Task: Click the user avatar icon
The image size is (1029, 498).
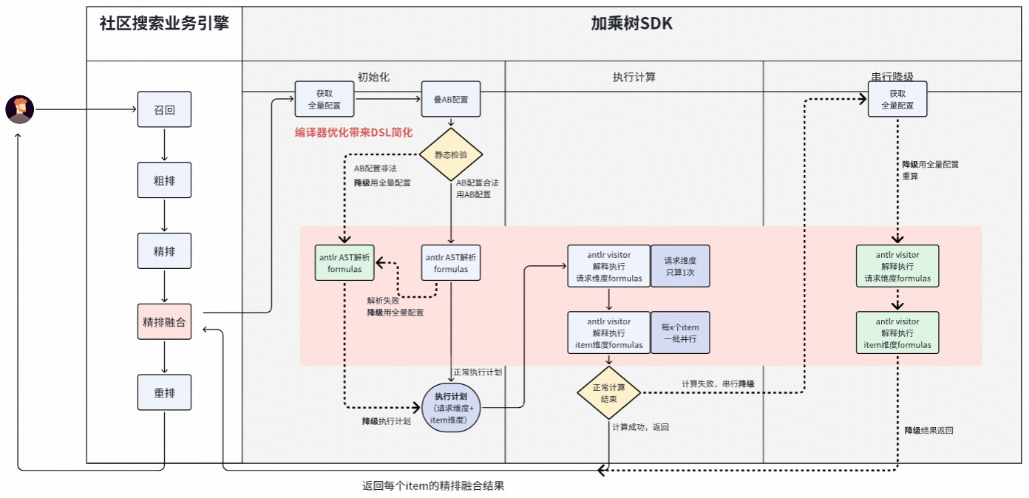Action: tap(19, 109)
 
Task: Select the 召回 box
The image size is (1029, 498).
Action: tap(164, 109)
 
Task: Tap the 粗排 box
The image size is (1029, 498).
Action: tap(164, 180)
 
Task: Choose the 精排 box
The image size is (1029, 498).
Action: tap(164, 250)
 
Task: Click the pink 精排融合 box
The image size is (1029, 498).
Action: tap(164, 321)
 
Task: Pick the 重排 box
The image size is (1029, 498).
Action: tap(164, 392)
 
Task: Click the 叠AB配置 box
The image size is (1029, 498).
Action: tap(451, 99)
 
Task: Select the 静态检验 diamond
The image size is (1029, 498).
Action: tap(451, 154)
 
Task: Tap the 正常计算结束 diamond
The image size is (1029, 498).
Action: tap(609, 393)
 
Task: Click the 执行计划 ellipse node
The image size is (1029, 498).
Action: tap(451, 409)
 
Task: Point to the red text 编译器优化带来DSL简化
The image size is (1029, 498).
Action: tap(353, 132)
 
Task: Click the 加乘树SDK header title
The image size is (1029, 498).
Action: tap(631, 24)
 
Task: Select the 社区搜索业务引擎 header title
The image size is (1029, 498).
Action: tap(164, 24)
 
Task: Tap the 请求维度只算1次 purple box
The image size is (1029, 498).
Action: tap(679, 266)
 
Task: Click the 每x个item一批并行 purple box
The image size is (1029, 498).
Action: tap(679, 332)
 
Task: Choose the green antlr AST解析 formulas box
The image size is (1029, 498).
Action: tap(344, 263)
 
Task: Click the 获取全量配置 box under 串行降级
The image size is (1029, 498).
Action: tap(897, 99)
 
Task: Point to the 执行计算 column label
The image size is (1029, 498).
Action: tap(634, 76)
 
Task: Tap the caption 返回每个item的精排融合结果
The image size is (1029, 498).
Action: tap(433, 486)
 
